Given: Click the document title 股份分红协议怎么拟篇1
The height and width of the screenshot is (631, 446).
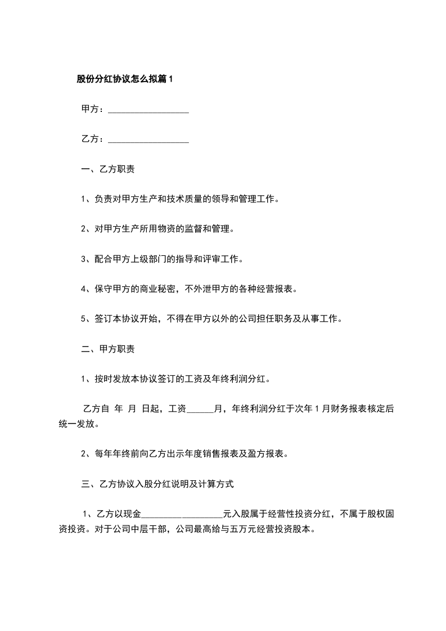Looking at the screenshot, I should point(125,79).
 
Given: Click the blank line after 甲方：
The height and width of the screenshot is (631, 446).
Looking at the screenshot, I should point(148,110).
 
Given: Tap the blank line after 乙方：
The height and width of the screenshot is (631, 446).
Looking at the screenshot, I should point(148,139).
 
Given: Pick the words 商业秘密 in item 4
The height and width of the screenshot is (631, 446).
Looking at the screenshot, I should point(156,289).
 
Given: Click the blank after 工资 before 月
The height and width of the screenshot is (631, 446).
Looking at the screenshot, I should point(200,409).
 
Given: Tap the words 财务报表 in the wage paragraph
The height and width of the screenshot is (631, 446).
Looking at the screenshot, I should point(349,409).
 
